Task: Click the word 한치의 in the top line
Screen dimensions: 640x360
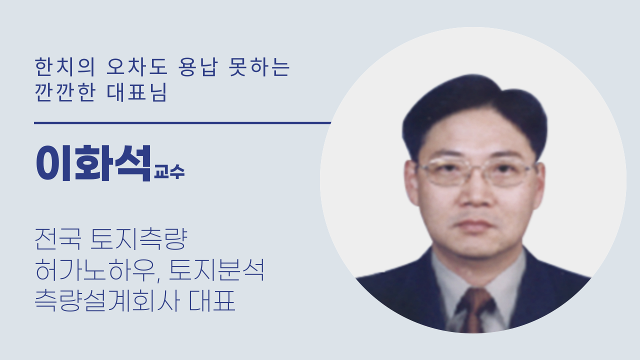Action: click(x=64, y=67)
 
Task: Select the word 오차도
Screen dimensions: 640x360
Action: click(x=136, y=67)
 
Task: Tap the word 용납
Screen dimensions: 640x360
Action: click(x=198, y=67)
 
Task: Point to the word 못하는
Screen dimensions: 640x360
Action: click(x=259, y=67)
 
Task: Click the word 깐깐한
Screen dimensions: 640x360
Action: click(x=64, y=92)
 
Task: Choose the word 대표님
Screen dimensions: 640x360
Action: click(x=136, y=92)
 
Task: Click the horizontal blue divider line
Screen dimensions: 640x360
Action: click(x=182, y=123)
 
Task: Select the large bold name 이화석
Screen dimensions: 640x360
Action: click(x=93, y=163)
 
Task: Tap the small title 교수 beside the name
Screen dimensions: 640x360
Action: click(x=169, y=171)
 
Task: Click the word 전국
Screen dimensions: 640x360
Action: click(x=57, y=239)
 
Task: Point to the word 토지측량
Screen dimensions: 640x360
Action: click(x=139, y=239)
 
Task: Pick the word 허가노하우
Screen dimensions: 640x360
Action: click(x=97, y=270)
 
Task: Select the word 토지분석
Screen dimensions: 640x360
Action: click(x=216, y=270)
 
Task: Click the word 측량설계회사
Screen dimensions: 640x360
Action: click(x=107, y=300)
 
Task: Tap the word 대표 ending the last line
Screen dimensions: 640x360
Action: click(x=212, y=300)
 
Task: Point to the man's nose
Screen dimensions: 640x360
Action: click(x=476, y=194)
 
